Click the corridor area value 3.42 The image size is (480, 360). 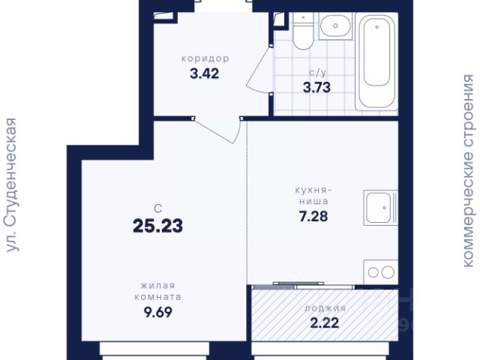(x=205, y=73)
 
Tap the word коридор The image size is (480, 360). (x=205, y=58)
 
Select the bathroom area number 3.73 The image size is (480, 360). (x=316, y=88)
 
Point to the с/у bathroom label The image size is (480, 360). (x=318, y=73)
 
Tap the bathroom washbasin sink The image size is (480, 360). (x=335, y=26)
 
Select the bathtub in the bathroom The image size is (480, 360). (x=376, y=61)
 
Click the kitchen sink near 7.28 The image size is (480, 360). (x=380, y=208)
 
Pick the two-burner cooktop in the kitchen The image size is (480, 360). (x=381, y=272)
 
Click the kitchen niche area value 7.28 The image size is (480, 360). (x=313, y=217)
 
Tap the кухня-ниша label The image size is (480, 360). (x=313, y=196)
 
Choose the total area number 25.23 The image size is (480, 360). (x=158, y=226)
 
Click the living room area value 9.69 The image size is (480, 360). (x=158, y=312)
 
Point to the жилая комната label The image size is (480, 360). (x=158, y=291)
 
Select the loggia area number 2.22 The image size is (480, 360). (x=325, y=323)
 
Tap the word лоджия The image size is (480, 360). (x=325, y=308)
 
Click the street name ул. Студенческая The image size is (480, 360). (x=12, y=185)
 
